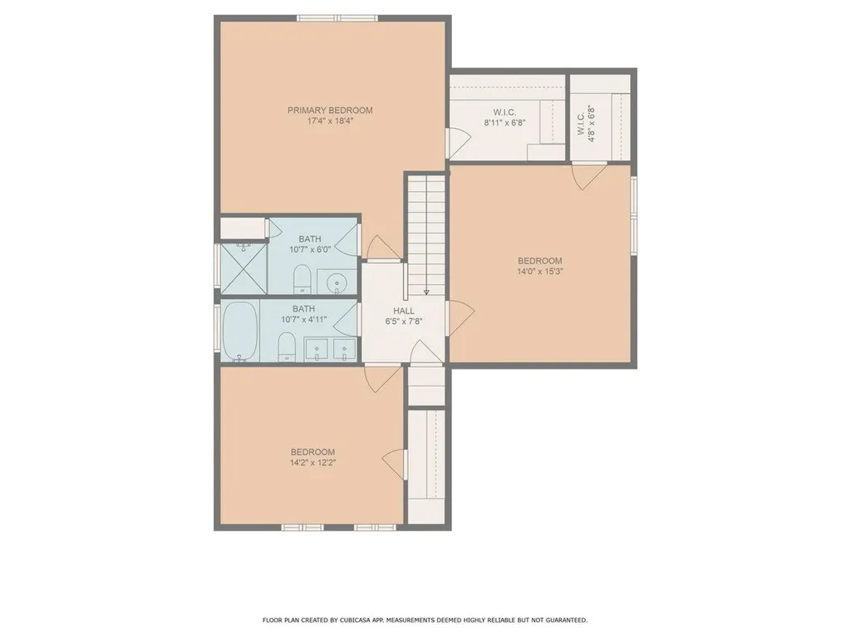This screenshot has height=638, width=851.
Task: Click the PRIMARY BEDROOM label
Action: point(330,110)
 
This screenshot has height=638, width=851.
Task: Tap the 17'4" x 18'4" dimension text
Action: point(330,121)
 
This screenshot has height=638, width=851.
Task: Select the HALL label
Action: point(404,311)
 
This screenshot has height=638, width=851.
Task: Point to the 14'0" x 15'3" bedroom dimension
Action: point(539,272)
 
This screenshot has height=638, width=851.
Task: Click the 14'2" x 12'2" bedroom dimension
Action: point(312,463)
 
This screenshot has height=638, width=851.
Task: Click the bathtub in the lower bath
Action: point(240,331)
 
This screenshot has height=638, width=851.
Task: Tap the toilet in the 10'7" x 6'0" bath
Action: point(301,279)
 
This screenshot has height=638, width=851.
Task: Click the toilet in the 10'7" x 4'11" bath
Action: point(286,346)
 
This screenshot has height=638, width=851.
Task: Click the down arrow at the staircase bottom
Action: point(426,292)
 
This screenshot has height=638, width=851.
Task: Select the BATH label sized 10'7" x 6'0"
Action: point(310,239)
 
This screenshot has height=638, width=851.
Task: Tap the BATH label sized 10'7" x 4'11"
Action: point(303,309)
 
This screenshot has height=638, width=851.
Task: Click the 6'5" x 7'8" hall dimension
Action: point(404,321)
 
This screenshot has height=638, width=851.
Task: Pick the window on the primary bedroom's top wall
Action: point(337,18)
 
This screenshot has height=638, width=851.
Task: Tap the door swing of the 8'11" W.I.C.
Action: point(457,143)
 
